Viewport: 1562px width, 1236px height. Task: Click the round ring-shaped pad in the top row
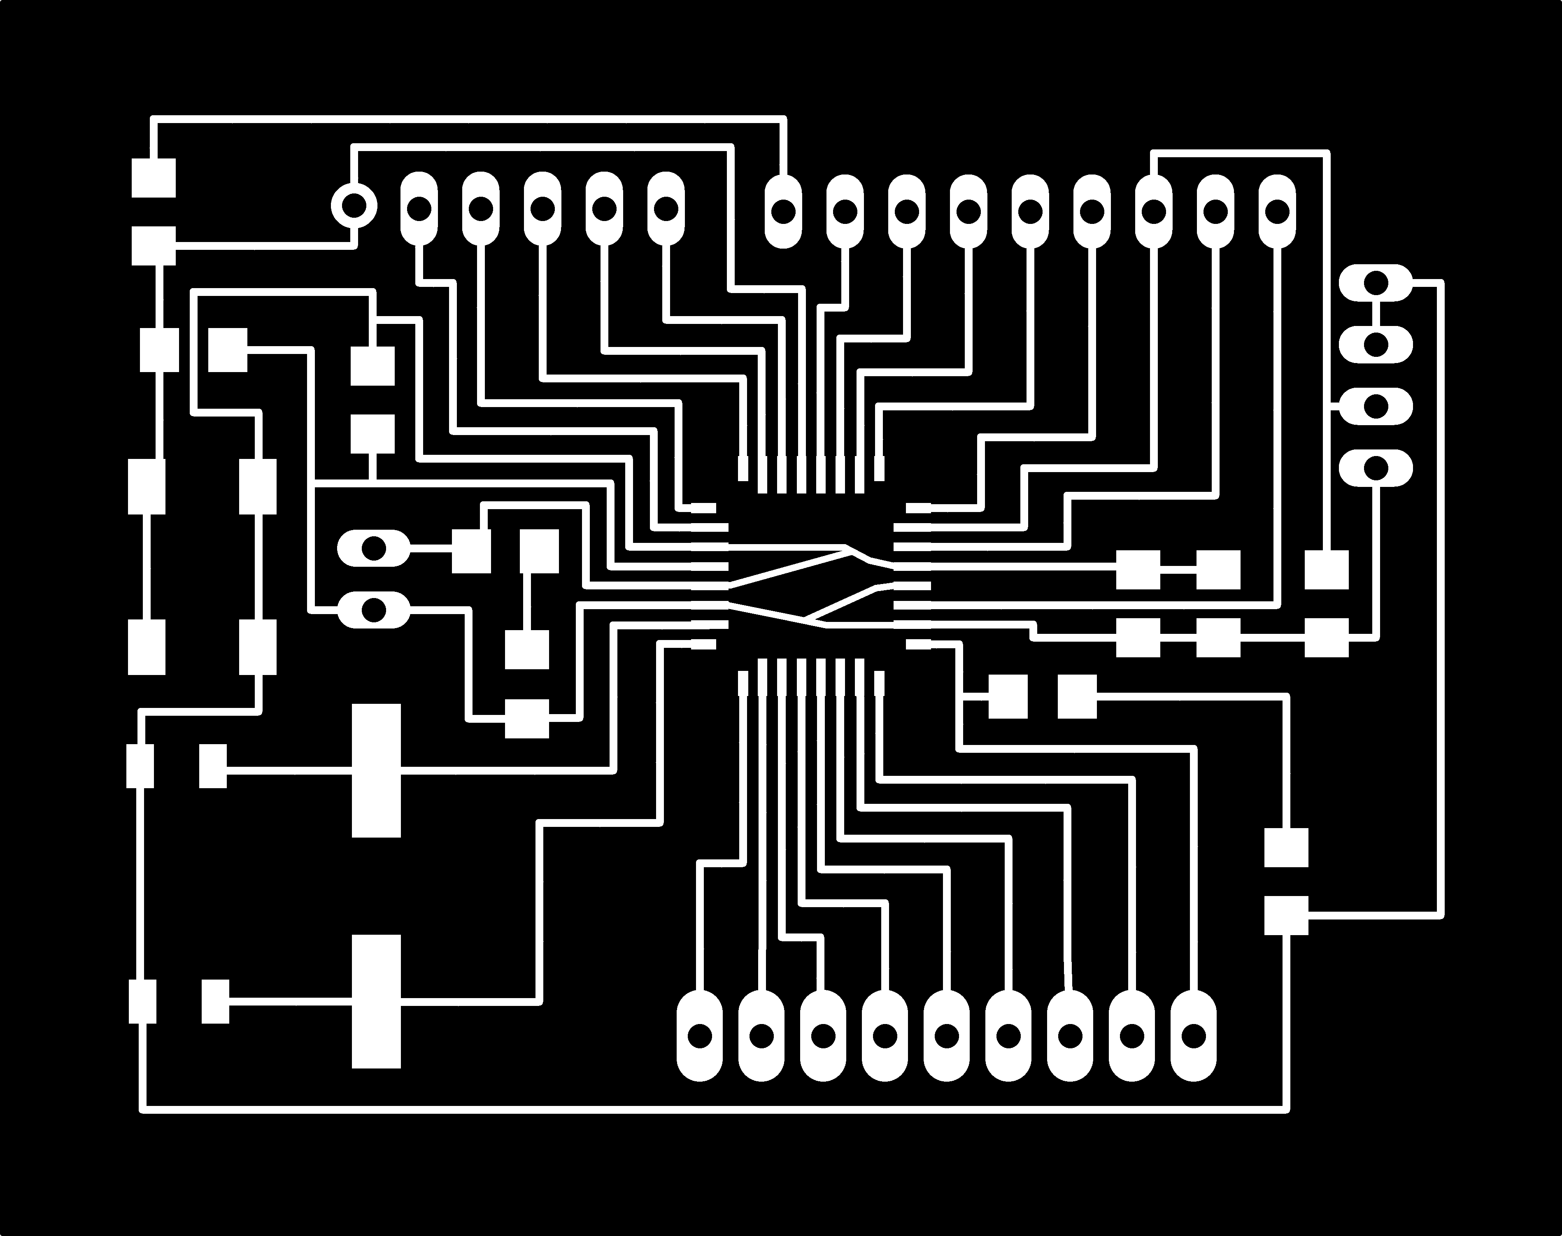tap(354, 205)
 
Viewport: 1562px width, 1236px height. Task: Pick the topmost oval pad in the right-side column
tap(1375, 282)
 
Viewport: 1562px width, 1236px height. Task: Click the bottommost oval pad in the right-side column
tap(1375, 468)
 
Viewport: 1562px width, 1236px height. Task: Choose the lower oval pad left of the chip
tap(373, 609)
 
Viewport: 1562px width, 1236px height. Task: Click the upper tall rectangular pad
tap(376, 770)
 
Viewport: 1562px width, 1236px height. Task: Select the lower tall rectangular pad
tap(376, 1001)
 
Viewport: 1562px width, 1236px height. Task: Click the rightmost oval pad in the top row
tap(1277, 211)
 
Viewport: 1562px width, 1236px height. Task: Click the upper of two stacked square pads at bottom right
tap(1286, 847)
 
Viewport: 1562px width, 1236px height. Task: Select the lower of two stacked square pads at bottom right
tap(1286, 915)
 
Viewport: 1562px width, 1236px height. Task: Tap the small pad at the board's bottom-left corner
tap(142, 1001)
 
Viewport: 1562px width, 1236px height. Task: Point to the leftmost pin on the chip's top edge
tap(742, 468)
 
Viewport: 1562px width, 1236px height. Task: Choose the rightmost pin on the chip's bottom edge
tap(879, 683)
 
